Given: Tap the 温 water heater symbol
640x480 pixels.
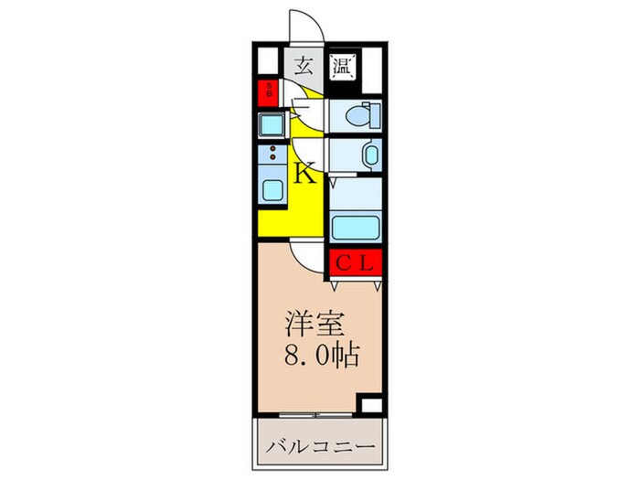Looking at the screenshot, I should click(341, 66).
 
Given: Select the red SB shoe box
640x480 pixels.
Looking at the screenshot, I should click(270, 91).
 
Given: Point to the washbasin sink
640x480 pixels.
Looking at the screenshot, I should click(371, 155).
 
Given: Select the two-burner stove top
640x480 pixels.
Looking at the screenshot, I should click(272, 155).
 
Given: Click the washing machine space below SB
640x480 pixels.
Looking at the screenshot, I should click(272, 123).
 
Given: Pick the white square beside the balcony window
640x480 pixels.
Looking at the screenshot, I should click(370, 405).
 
